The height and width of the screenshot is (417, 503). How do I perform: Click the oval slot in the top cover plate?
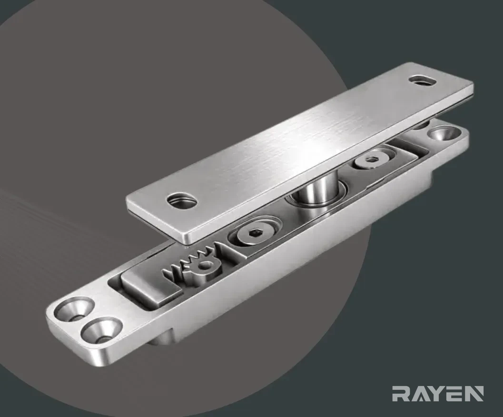pos(422,80)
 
